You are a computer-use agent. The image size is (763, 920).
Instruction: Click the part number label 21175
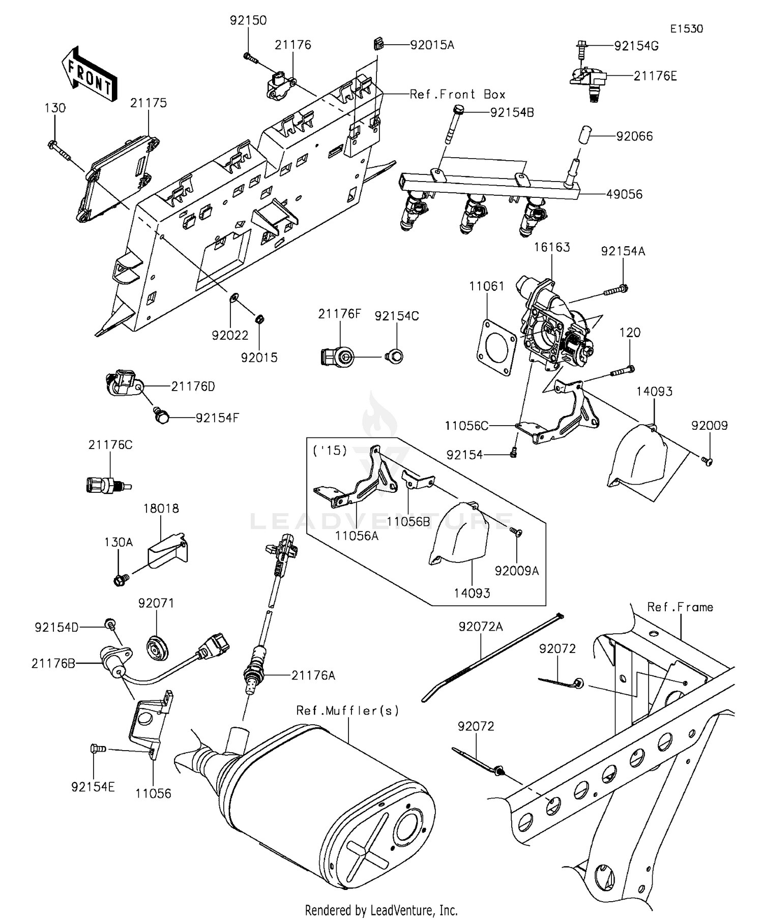pyautogui.click(x=148, y=103)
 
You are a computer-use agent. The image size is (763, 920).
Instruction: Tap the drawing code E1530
pyautogui.click(x=686, y=29)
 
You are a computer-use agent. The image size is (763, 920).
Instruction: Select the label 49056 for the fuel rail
pyautogui.click(x=624, y=194)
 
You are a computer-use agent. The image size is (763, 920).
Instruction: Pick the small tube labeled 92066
pyautogui.click(x=583, y=137)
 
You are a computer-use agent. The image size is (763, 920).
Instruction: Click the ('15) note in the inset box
pyautogui.click(x=330, y=451)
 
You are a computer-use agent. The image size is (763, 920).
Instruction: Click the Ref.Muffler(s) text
pyautogui.click(x=347, y=710)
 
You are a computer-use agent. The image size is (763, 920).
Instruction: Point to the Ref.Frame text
pyautogui.click(x=680, y=607)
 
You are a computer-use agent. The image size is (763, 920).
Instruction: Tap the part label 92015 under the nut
pyautogui.click(x=259, y=358)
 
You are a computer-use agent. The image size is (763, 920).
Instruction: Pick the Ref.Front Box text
pyautogui.click(x=457, y=95)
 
